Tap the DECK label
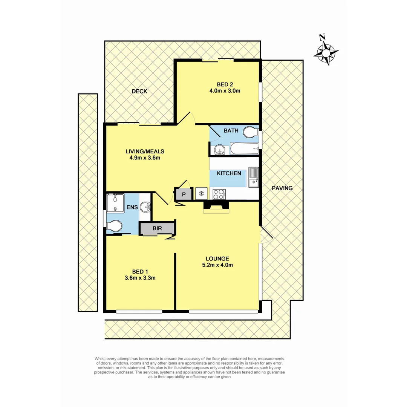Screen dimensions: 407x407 click(x=139, y=91)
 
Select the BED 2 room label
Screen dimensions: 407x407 click(x=225, y=84)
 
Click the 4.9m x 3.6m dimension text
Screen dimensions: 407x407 click(x=145, y=158)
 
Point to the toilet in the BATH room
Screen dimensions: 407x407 click(x=250, y=133)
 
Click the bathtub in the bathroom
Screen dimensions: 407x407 click(x=244, y=149)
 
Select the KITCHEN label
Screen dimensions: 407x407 click(x=229, y=173)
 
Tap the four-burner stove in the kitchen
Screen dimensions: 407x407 click(x=219, y=194)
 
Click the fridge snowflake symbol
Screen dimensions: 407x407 click(x=202, y=194)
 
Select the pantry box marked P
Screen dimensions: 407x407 click(x=184, y=194)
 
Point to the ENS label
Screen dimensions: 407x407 click(x=132, y=207)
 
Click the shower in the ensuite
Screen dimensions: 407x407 click(x=115, y=203)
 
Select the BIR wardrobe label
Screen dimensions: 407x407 click(x=157, y=228)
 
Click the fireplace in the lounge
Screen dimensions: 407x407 click(x=216, y=207)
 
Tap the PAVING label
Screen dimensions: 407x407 click(x=282, y=188)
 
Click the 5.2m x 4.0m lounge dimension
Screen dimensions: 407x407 click(x=217, y=265)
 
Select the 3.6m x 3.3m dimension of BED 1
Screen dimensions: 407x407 click(x=140, y=278)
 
